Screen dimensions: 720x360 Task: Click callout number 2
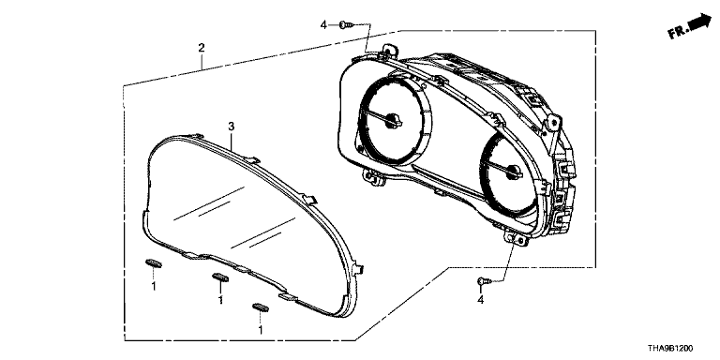(x=202, y=48)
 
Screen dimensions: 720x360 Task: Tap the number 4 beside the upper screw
(x=323, y=25)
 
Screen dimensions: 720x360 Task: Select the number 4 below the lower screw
(x=481, y=300)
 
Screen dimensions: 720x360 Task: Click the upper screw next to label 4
(x=346, y=24)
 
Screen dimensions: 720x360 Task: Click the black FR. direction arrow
(x=699, y=22)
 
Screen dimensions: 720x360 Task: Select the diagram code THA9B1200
(x=670, y=349)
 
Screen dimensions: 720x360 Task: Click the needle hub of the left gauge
(x=393, y=120)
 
